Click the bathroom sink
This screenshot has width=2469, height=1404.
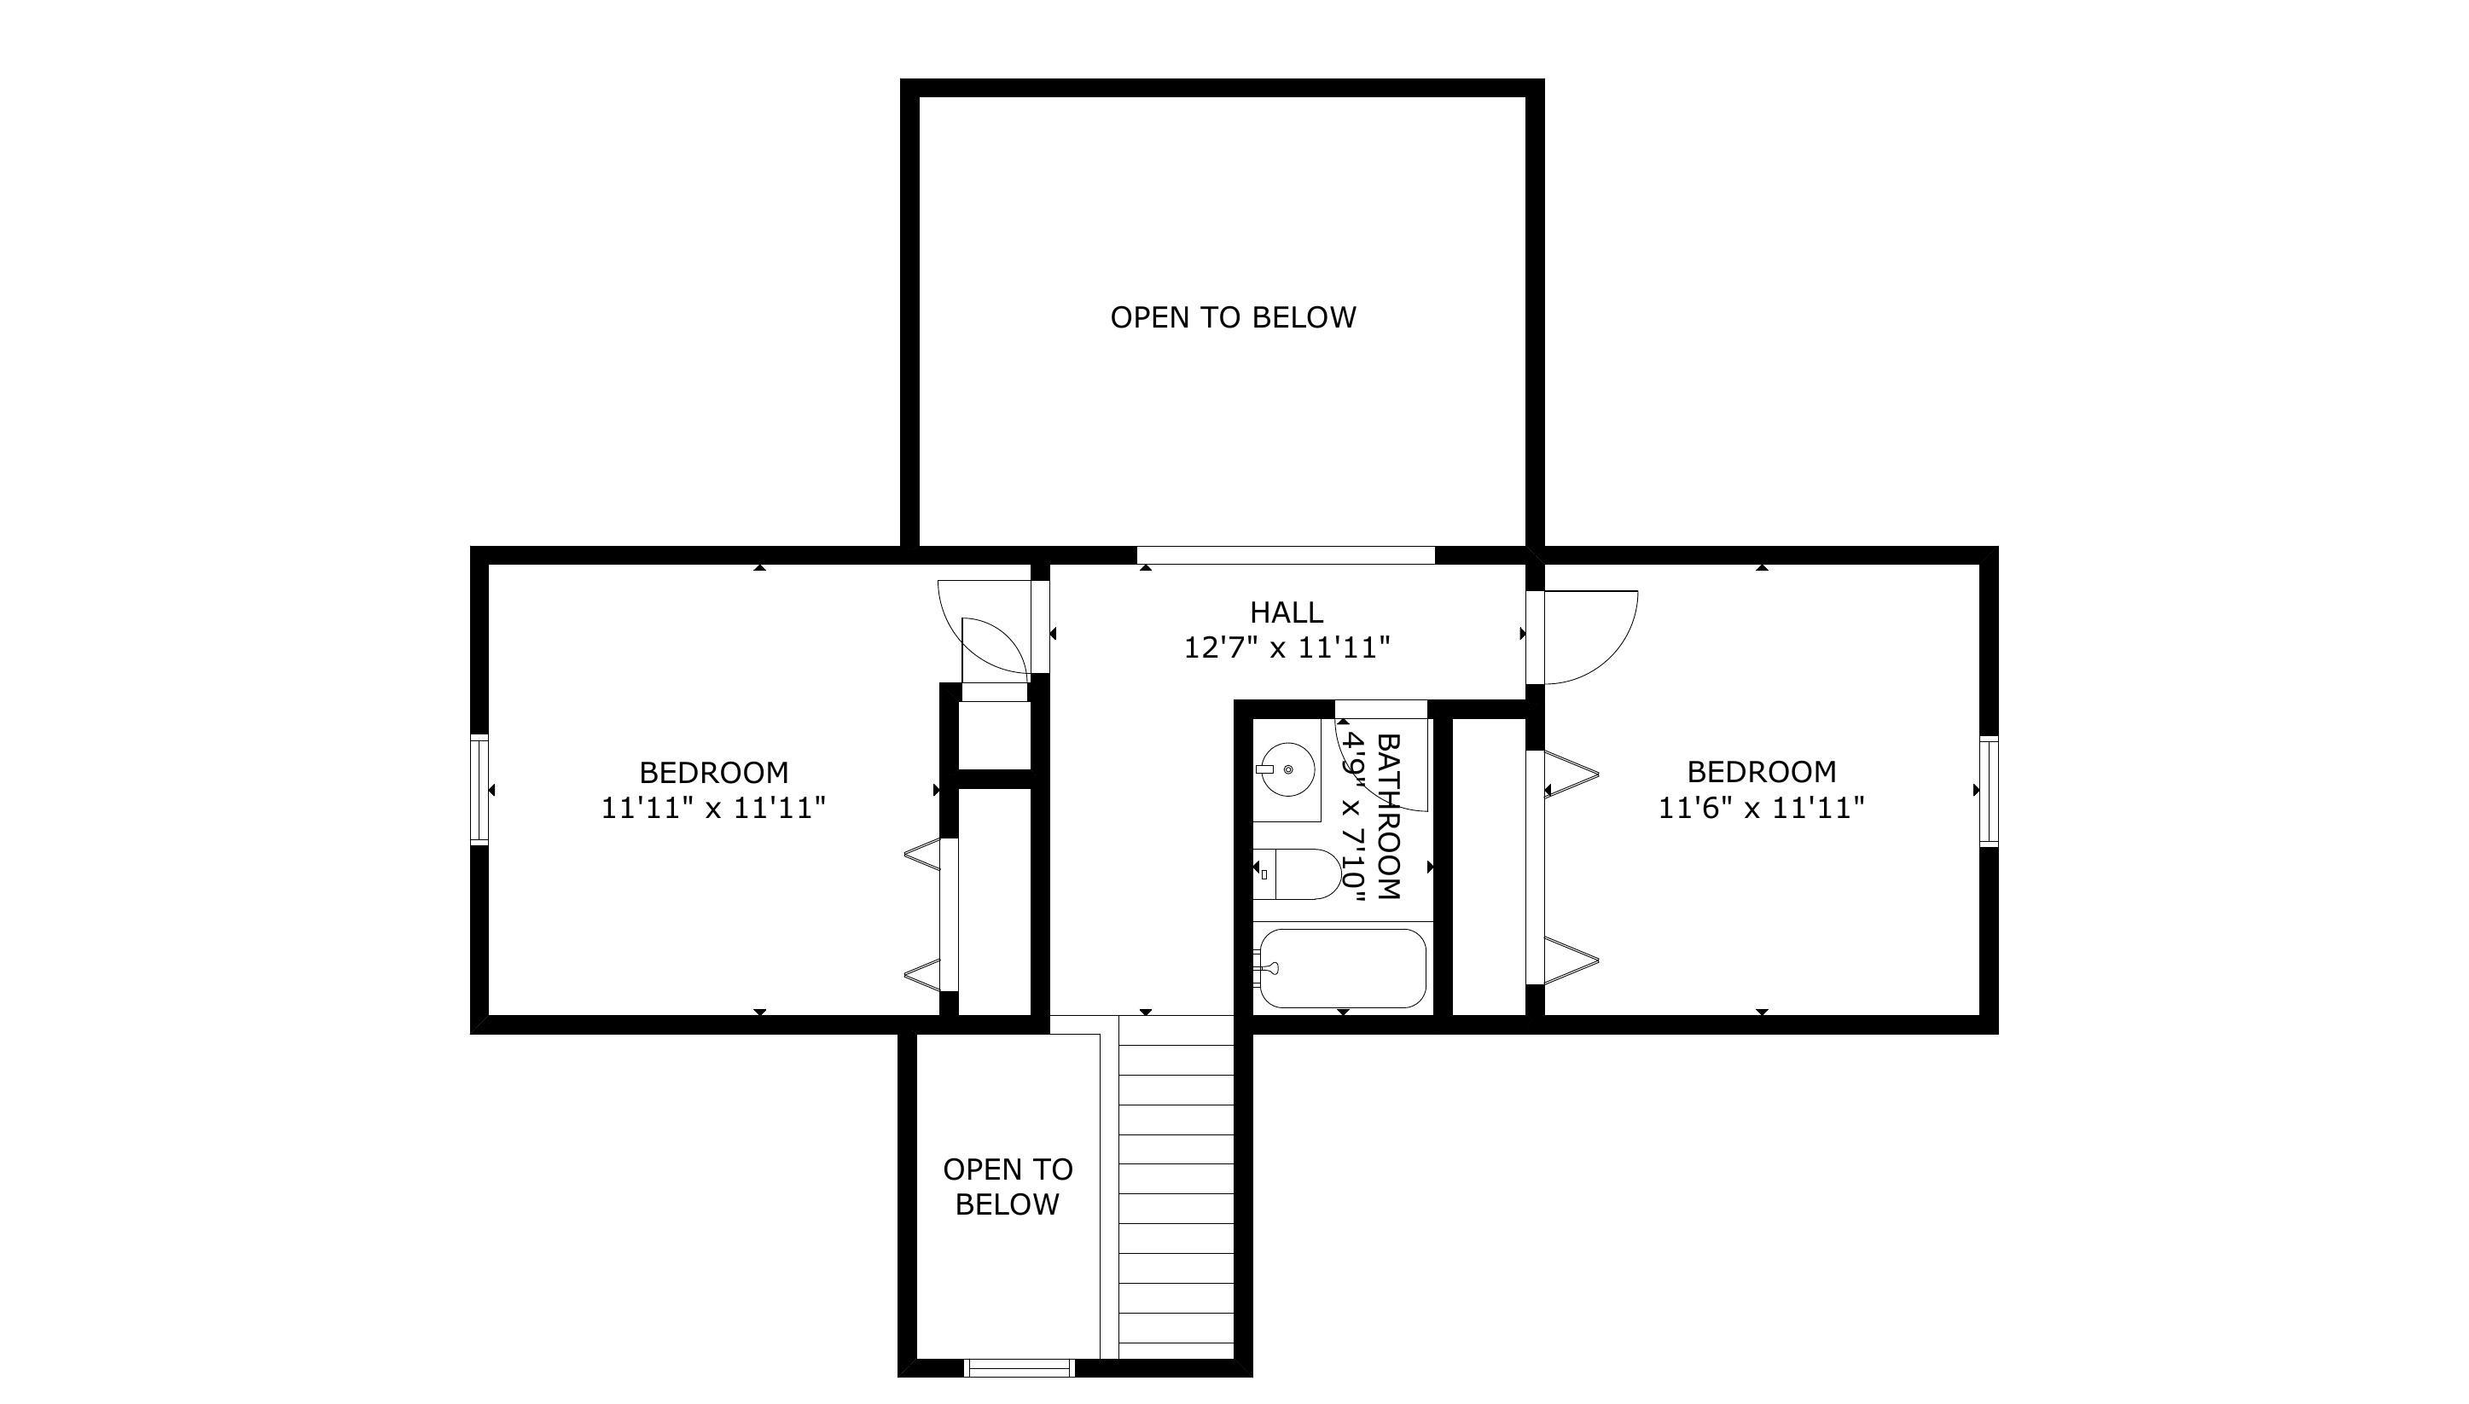click(x=1287, y=769)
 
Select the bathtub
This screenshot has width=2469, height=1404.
click(x=1340, y=968)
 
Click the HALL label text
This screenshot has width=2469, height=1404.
click(x=1287, y=612)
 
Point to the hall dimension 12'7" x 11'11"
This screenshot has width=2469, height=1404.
click(x=1287, y=647)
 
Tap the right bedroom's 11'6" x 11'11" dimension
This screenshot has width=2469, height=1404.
click(x=1761, y=807)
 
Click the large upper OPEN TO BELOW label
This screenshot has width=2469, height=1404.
click(x=1234, y=317)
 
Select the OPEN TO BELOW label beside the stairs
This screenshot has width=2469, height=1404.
click(x=1008, y=1186)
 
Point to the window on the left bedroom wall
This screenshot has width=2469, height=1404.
click(x=479, y=790)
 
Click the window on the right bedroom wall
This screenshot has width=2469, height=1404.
click(x=1989, y=792)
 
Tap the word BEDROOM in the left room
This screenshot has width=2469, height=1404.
click(x=714, y=773)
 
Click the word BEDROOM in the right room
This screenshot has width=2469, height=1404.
click(x=1761, y=771)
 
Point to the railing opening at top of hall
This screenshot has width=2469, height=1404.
click(x=1287, y=554)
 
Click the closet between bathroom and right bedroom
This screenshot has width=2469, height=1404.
click(x=1489, y=866)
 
